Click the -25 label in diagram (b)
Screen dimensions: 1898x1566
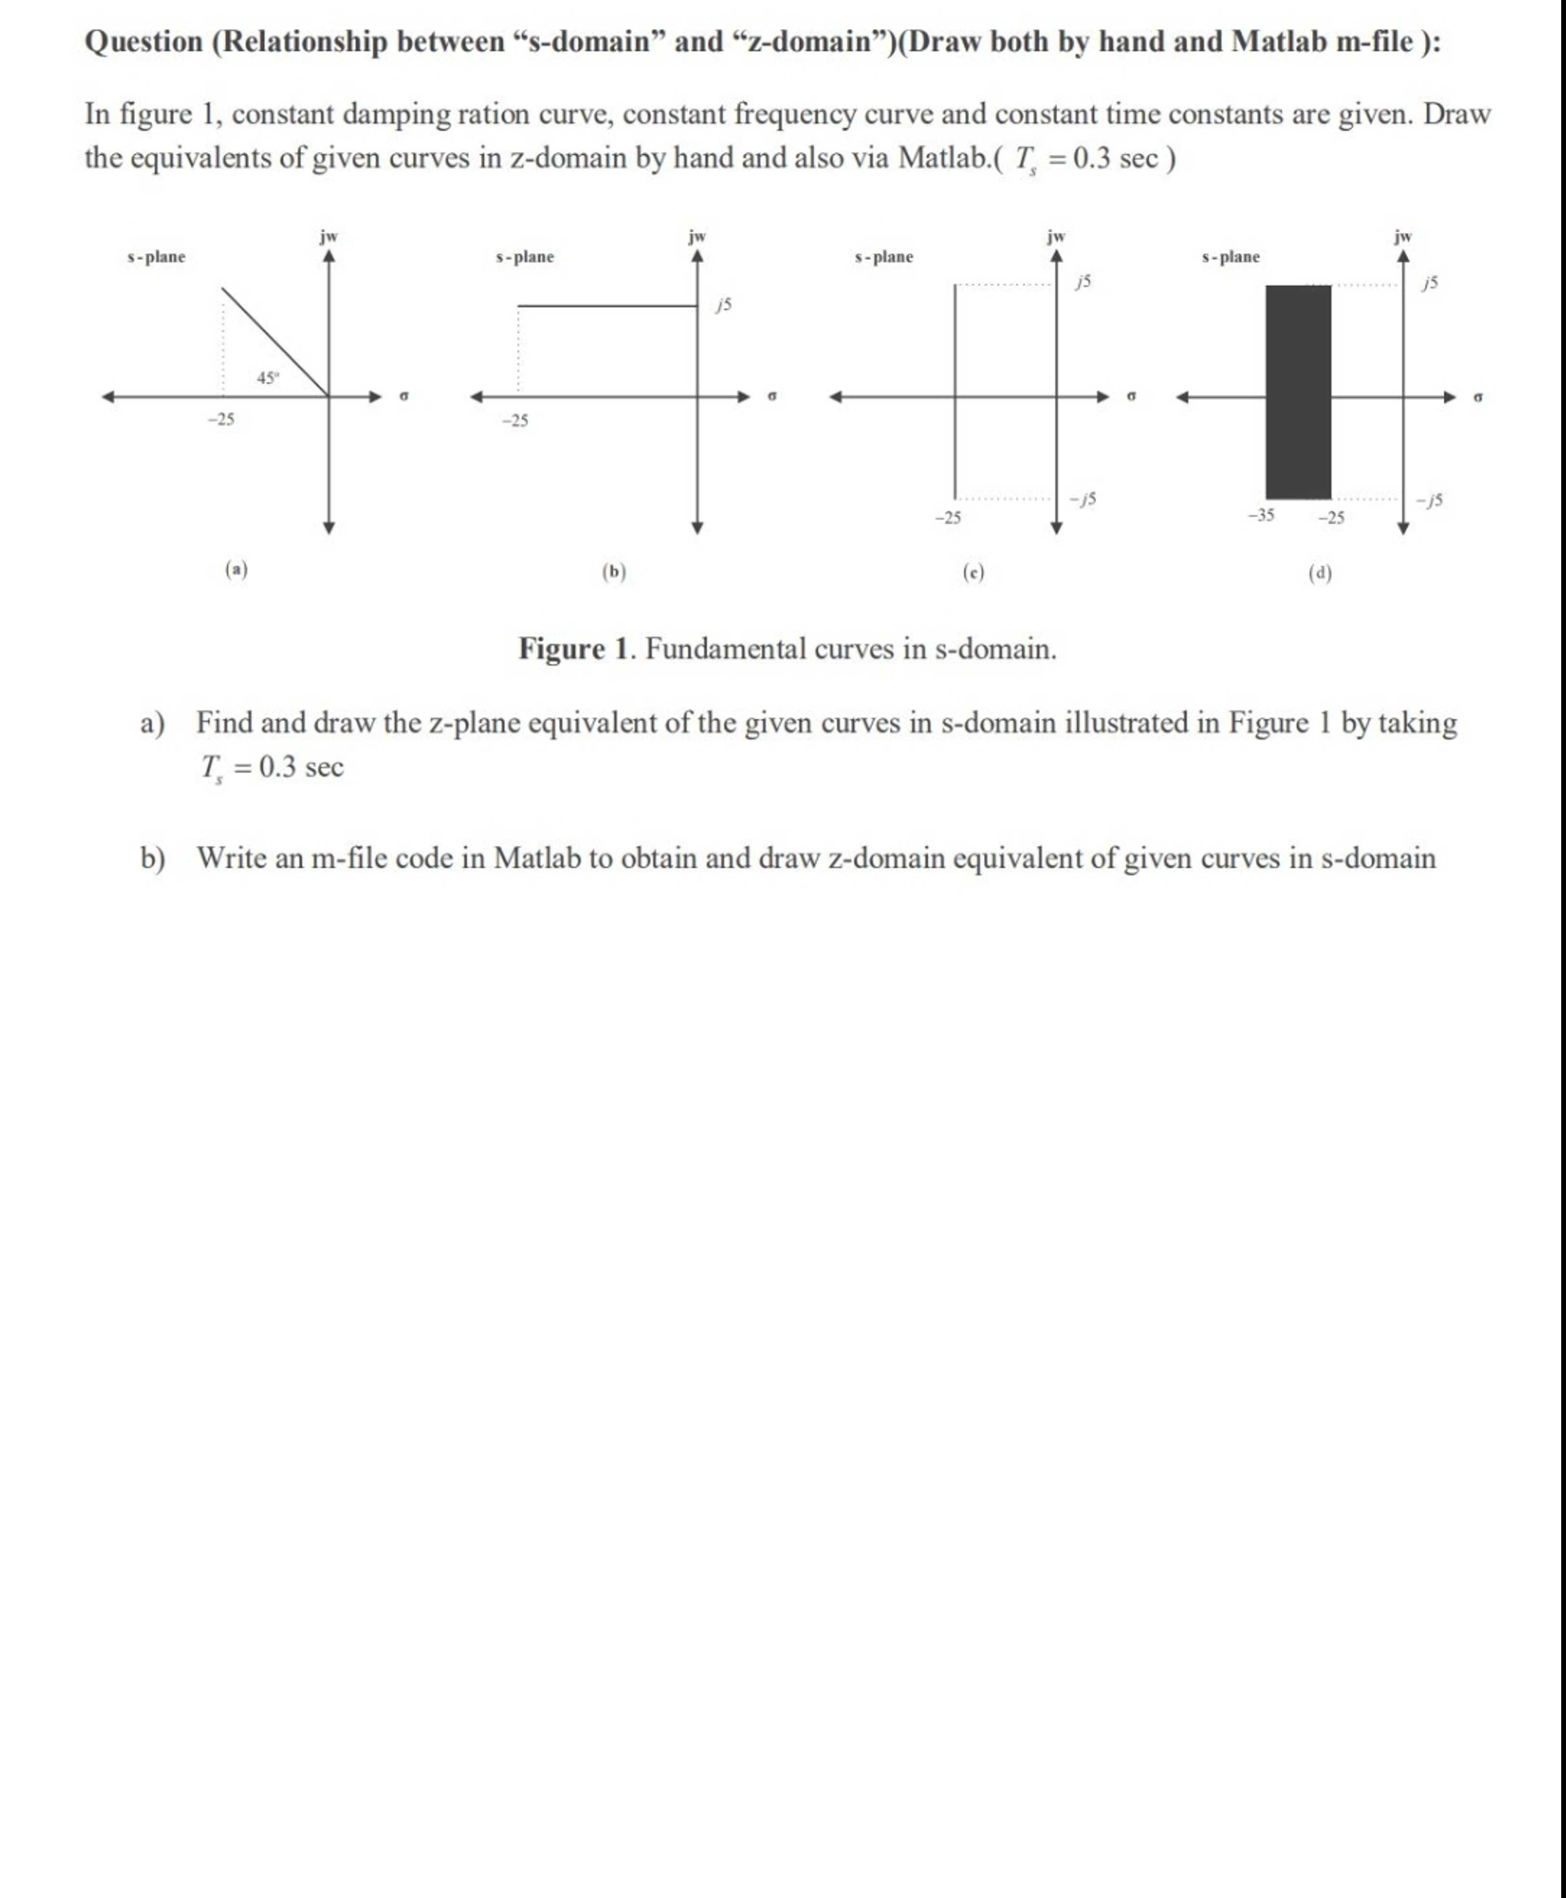point(515,420)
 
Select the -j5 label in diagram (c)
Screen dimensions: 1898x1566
point(1083,499)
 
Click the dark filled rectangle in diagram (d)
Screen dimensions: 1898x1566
point(1298,392)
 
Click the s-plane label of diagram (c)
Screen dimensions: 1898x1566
point(884,257)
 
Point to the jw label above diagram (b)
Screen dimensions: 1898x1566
point(696,237)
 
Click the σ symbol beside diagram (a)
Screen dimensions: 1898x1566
point(404,396)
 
